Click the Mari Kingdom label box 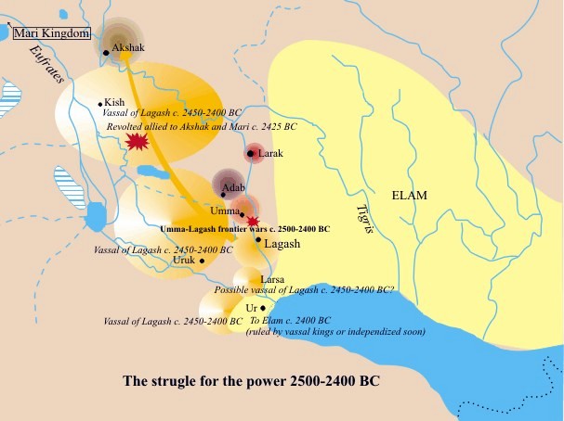pos(50,33)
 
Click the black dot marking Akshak pos(106,53)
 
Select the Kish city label pos(115,102)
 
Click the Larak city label pos(271,153)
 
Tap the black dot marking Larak pos(251,153)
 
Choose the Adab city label pos(233,188)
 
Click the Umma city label pos(227,212)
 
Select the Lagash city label pos(282,243)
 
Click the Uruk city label pos(185,261)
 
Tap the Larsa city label pos(272,278)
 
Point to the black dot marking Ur pos(263,308)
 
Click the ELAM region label pos(410,196)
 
